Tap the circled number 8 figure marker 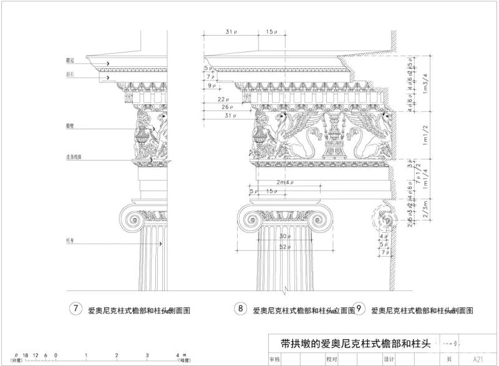pyautogui.click(x=240, y=309)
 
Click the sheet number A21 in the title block pyautogui.click(x=478, y=359)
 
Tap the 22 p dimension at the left pyautogui.click(x=222, y=99)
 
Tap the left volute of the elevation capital pyautogui.click(x=251, y=220)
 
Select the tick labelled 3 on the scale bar pyautogui.click(x=147, y=355)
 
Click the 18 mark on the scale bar pyautogui.click(x=26, y=355)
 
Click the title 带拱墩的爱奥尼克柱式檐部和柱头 pyautogui.click(x=352, y=343)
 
